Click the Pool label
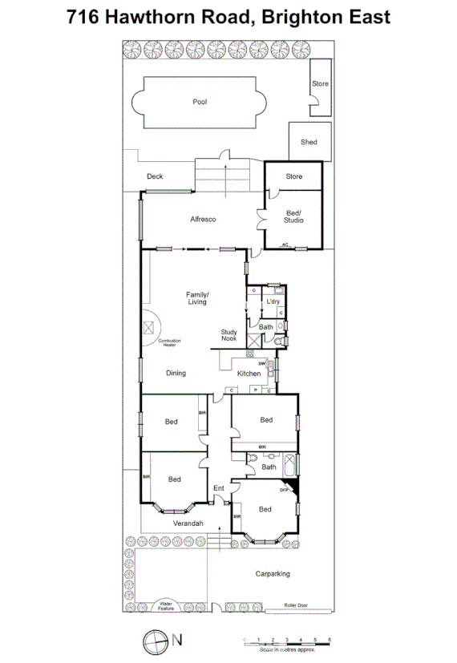(x=200, y=102)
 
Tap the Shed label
(x=309, y=143)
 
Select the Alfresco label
(x=204, y=219)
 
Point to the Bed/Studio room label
(x=294, y=216)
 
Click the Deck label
(x=155, y=176)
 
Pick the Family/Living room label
(x=197, y=297)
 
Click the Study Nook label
(x=229, y=336)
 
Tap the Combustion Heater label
(x=169, y=342)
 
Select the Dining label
(x=176, y=373)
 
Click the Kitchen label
(x=249, y=374)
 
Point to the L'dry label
(x=273, y=301)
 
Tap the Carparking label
(x=273, y=574)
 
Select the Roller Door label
(x=297, y=607)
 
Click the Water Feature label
(x=166, y=606)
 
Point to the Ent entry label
(x=218, y=488)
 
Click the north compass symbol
(x=153, y=640)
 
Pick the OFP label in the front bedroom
(x=284, y=490)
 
